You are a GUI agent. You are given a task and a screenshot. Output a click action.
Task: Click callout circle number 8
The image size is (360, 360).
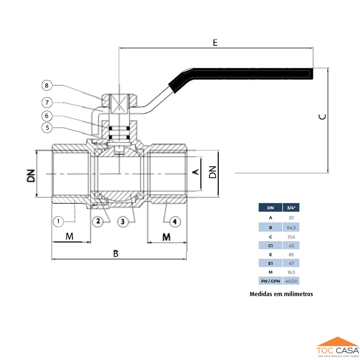point(46,85)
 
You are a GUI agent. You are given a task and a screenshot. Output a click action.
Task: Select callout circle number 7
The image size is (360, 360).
point(47,103)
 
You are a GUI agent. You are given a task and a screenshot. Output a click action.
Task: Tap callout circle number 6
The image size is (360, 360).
point(46,116)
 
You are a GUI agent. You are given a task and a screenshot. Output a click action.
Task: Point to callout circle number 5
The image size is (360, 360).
point(47,128)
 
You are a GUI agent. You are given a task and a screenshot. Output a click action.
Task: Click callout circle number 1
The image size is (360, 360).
point(58,222)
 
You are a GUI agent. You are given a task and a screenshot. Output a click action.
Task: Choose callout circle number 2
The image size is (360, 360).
point(98,222)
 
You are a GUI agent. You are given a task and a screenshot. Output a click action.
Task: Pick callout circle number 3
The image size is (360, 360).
point(122,222)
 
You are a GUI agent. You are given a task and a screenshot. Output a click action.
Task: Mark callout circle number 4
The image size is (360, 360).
point(175,222)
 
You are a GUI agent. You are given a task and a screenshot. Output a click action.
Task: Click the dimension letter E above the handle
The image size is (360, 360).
point(215,43)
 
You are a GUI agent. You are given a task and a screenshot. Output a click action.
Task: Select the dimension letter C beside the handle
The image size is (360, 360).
point(322,117)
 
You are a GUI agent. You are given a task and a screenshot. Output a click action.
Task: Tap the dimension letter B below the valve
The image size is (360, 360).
point(116,254)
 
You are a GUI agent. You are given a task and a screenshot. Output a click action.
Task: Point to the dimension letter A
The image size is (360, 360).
point(196,172)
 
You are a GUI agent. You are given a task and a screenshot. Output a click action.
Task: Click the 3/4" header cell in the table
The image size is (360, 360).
point(291,208)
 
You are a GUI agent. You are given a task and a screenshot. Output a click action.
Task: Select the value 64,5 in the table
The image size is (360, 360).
point(291,228)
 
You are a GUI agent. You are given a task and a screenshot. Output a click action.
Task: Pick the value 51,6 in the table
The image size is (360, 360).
point(291,237)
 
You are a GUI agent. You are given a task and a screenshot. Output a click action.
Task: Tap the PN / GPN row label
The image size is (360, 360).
point(270,281)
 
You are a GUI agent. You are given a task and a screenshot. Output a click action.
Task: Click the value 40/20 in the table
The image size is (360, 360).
point(291,281)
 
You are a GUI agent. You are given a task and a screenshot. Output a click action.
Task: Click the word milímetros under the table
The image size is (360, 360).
point(296,294)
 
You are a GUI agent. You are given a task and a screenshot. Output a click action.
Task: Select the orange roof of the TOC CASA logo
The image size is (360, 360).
point(337,342)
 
